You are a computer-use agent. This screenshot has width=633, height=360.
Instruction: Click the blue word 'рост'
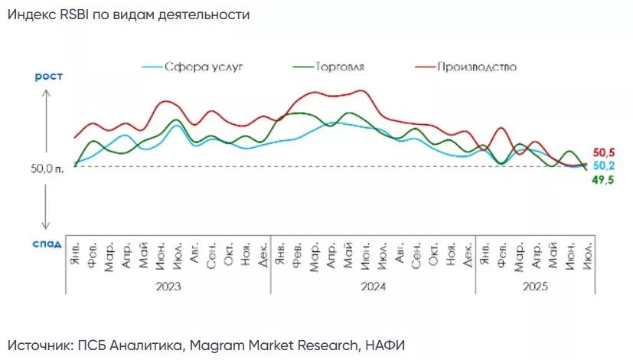47,76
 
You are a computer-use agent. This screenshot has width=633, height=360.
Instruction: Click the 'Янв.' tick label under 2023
75,254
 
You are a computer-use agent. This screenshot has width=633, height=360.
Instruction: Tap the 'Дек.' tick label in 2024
467,254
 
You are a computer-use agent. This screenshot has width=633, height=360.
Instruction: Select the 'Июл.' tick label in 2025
586,254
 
